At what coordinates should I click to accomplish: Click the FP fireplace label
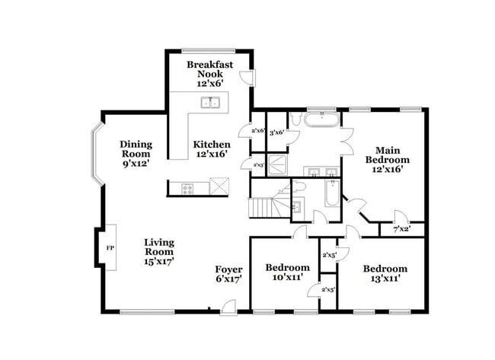109,248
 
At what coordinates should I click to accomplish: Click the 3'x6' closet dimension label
276,132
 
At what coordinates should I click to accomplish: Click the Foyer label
228,273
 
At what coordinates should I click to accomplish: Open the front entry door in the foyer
227,306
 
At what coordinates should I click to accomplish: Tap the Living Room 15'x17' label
160,252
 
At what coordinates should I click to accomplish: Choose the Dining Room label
135,153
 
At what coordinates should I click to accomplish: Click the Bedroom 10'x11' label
287,273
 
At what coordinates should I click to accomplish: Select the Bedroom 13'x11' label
385,273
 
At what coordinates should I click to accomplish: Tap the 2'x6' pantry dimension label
257,131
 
